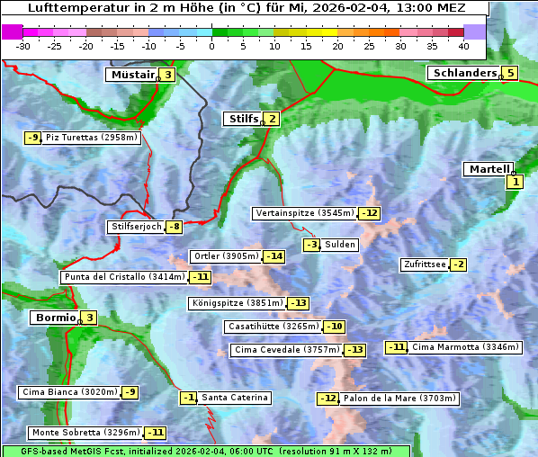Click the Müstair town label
131,75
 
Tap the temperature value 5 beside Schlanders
510,74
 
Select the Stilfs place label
242,119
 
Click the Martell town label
489,169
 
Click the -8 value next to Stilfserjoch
175,227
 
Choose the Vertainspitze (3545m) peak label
304,213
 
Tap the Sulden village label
340,245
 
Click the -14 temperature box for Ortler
274,256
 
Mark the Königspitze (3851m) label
237,303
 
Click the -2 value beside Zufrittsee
458,264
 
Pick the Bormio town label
54,318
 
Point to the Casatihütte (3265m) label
273,327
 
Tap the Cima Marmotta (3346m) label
465,347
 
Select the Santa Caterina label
234,398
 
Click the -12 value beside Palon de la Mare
328,399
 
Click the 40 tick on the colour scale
463,46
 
